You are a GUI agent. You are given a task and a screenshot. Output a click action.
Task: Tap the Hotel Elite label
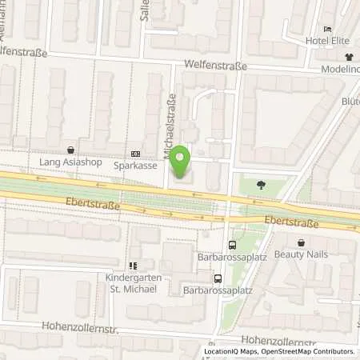[329, 41]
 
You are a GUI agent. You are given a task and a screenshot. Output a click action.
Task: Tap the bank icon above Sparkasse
[135, 154]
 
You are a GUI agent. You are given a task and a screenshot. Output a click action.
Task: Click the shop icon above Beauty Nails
[301, 242]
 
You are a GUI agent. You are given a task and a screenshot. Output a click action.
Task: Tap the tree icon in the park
[261, 185]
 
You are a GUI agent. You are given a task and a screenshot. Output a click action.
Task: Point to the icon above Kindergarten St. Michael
[133, 265]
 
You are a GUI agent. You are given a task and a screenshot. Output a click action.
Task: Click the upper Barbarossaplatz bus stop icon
[232, 246]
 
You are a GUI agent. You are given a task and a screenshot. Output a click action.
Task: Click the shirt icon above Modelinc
[349, 57]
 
